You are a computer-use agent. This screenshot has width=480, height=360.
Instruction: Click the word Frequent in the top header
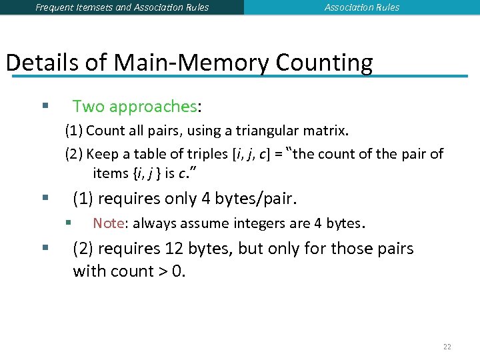point(55,7)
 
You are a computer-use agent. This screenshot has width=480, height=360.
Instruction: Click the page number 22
point(447,347)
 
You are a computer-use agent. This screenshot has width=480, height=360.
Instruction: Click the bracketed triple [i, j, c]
point(252,154)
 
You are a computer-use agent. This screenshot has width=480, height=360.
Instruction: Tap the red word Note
point(108,223)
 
